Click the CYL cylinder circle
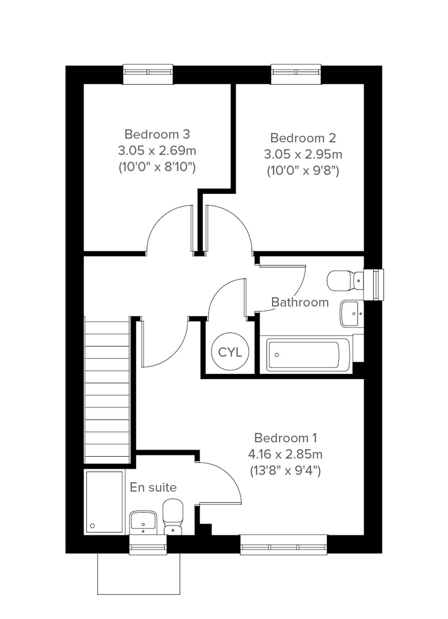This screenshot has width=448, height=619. click(x=230, y=352)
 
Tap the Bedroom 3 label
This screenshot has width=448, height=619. click(x=157, y=134)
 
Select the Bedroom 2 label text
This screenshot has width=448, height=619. click(x=303, y=138)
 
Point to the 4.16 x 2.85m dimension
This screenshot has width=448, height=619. click(x=285, y=454)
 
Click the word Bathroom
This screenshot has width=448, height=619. click(x=300, y=302)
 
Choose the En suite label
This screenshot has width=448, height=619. click(x=153, y=487)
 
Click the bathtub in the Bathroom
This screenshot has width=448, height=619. click(x=308, y=354)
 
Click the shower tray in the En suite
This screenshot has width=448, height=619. click(x=105, y=501)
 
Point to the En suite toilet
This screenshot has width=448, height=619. click(x=173, y=518)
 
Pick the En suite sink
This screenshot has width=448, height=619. click(x=143, y=521)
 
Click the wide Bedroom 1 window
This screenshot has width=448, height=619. click(x=284, y=545)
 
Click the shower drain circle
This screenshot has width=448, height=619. click(x=92, y=526)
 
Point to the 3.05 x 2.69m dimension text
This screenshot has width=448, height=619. click(x=157, y=151)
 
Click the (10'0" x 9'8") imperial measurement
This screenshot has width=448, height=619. click(x=303, y=171)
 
